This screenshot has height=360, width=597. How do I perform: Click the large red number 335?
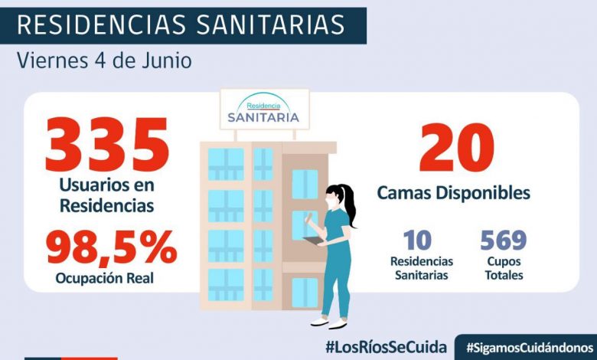(106, 145)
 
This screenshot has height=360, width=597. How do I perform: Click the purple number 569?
(503, 241)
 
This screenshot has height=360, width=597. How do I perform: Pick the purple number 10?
(417, 241)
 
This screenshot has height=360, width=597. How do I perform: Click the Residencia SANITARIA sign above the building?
(263, 111)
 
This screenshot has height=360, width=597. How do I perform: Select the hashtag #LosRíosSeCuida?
(385, 347)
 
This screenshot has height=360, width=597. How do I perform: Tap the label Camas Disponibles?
(453, 193)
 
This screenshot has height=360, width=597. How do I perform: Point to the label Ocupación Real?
(104, 278)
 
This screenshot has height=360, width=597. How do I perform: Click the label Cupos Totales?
(503, 268)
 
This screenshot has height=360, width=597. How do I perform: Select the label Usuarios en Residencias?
(106, 195)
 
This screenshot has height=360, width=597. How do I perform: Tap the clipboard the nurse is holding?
(313, 241)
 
